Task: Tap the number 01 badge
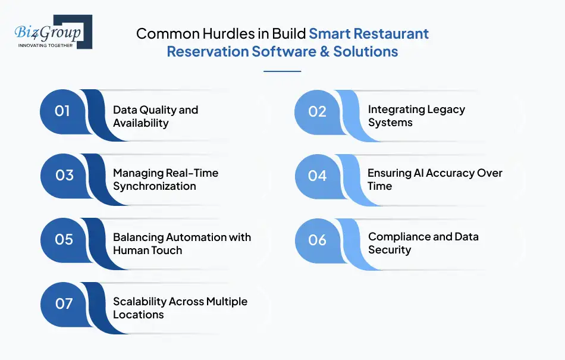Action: [62, 111]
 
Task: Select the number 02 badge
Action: [318, 111]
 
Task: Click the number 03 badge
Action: [64, 175]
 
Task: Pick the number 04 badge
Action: [318, 175]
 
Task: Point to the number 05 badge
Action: [64, 239]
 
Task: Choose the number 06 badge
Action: [318, 239]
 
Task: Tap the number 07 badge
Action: [64, 303]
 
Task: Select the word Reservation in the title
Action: [208, 51]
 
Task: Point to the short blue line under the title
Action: [282, 71]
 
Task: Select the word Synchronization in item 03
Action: [155, 186]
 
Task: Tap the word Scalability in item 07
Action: [140, 302]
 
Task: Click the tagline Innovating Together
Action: [46, 45]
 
